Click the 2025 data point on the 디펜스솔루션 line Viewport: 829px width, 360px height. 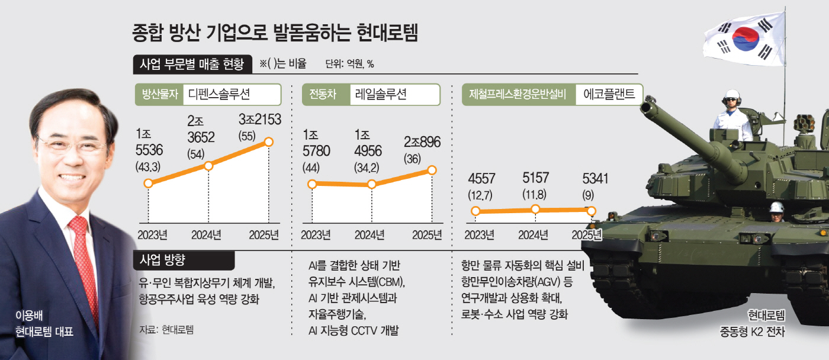tap(269, 142)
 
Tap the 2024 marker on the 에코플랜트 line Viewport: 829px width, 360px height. tap(535, 208)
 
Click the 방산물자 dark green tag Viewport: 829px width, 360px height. tap(157, 94)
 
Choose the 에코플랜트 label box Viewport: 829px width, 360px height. tap(609, 94)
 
